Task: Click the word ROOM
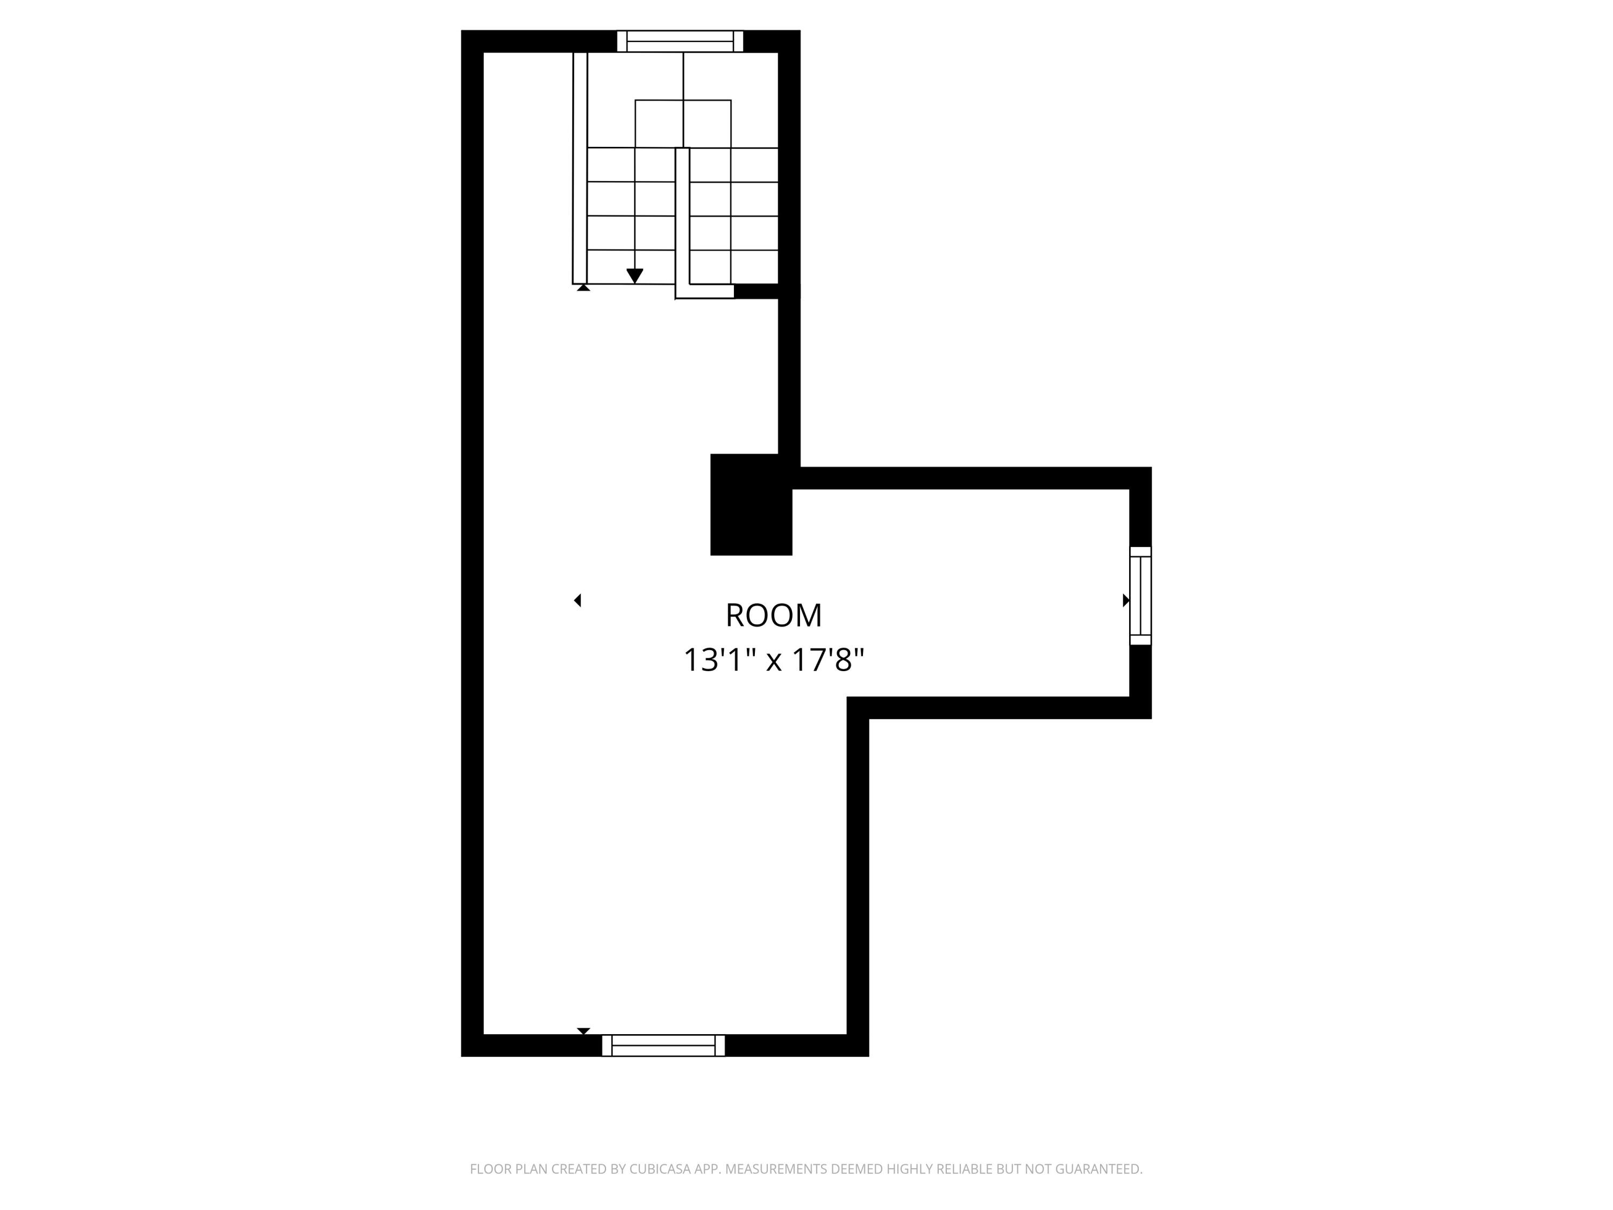[x=773, y=616]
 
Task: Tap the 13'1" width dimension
[x=722, y=661]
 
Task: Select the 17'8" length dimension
[x=829, y=661]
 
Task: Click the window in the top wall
[x=680, y=41]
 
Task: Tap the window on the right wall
[x=1140, y=596]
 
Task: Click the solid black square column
[x=751, y=505]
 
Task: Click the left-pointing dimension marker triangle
[x=577, y=600]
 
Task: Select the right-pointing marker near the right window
[x=1126, y=600]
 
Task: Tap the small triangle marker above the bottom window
[x=583, y=1030]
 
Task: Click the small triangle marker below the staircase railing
[x=583, y=288]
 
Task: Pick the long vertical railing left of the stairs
[x=580, y=168]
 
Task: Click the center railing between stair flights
[x=682, y=219]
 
